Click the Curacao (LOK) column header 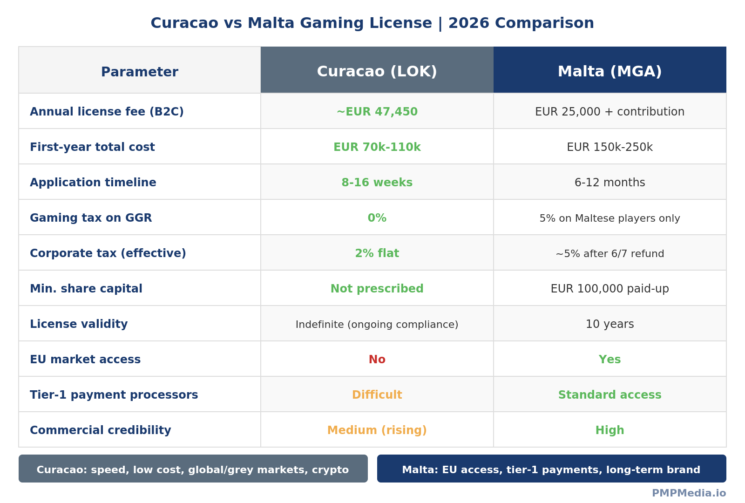pos(377,71)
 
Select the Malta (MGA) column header pos(610,71)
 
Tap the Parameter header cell pos(139,72)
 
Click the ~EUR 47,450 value pos(377,112)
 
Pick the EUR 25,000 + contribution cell pos(610,112)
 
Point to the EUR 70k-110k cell pos(377,147)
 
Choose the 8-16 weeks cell pos(377,183)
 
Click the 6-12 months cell pos(610,183)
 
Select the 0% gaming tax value pos(377,218)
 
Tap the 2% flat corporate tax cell pos(377,253)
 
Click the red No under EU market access pos(377,360)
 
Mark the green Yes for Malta pos(610,360)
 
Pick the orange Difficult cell pos(377,395)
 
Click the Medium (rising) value pos(377,430)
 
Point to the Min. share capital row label pos(86,289)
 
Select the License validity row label pos(79,324)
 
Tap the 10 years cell pos(610,324)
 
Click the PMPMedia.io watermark pos(689,493)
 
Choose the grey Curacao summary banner pos(193,469)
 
